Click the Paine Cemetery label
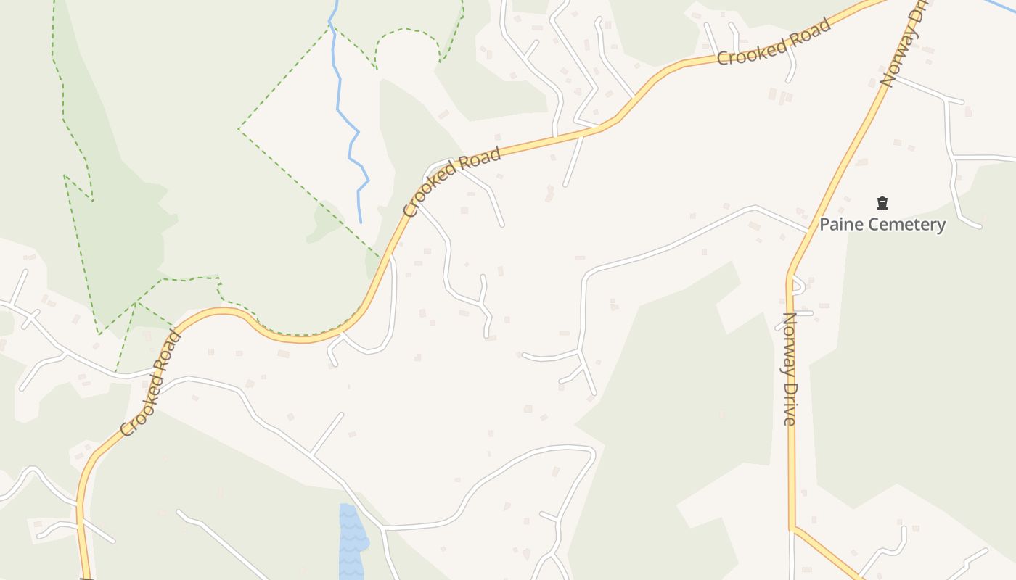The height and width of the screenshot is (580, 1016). click(x=882, y=225)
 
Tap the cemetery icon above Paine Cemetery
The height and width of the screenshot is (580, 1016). click(x=882, y=203)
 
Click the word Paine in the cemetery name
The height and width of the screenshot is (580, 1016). click(x=842, y=225)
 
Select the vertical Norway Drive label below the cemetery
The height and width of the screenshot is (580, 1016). click(x=790, y=368)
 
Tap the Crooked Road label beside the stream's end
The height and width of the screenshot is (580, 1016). click(x=453, y=182)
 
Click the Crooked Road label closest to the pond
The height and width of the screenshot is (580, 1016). click(x=151, y=384)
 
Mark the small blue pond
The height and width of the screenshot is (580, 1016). click(x=352, y=540)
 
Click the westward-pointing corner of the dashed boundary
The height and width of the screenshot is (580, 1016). click(x=239, y=130)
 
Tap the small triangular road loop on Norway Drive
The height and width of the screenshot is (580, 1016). click(x=797, y=285)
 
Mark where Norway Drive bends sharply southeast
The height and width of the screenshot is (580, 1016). click(x=792, y=528)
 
